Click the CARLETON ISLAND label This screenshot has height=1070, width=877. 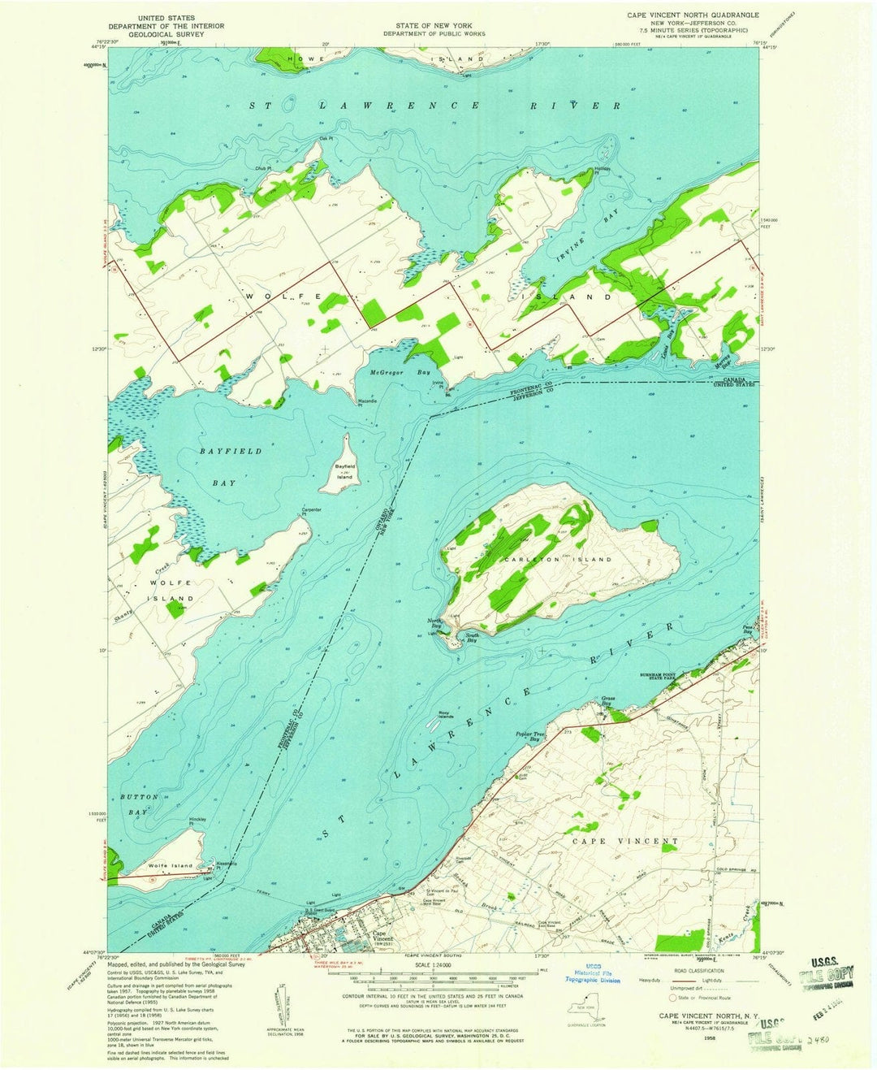tap(557, 560)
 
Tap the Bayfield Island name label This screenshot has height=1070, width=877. tap(345, 471)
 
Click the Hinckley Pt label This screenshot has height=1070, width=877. tap(197, 821)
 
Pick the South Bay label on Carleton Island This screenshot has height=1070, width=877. tap(472, 639)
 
